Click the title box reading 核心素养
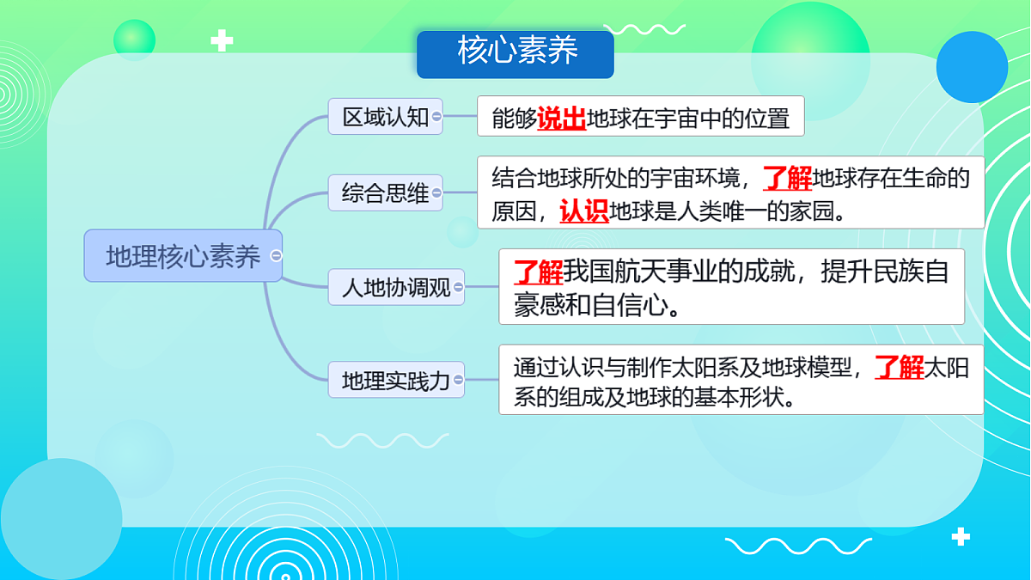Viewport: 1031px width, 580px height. point(515,53)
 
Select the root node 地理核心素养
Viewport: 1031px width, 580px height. point(182,256)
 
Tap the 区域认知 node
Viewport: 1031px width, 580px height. point(385,117)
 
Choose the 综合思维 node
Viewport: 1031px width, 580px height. point(385,192)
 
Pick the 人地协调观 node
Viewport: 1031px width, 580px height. point(395,287)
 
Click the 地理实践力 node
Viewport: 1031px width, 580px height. point(395,380)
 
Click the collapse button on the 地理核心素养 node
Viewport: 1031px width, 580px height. point(276,256)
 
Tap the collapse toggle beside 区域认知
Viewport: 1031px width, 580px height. point(436,117)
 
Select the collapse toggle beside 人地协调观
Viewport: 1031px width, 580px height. point(458,287)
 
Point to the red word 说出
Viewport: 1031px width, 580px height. point(561,119)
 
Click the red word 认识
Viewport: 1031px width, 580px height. point(584,211)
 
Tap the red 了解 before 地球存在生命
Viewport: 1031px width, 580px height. point(787,179)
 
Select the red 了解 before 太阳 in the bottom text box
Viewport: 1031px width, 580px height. point(900,368)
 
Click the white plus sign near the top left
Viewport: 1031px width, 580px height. point(222,40)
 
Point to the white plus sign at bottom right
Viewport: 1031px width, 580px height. point(961,537)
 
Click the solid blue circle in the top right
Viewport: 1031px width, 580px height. point(972,67)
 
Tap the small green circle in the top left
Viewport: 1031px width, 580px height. point(134,40)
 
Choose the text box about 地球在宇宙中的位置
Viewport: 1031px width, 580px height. point(640,117)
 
